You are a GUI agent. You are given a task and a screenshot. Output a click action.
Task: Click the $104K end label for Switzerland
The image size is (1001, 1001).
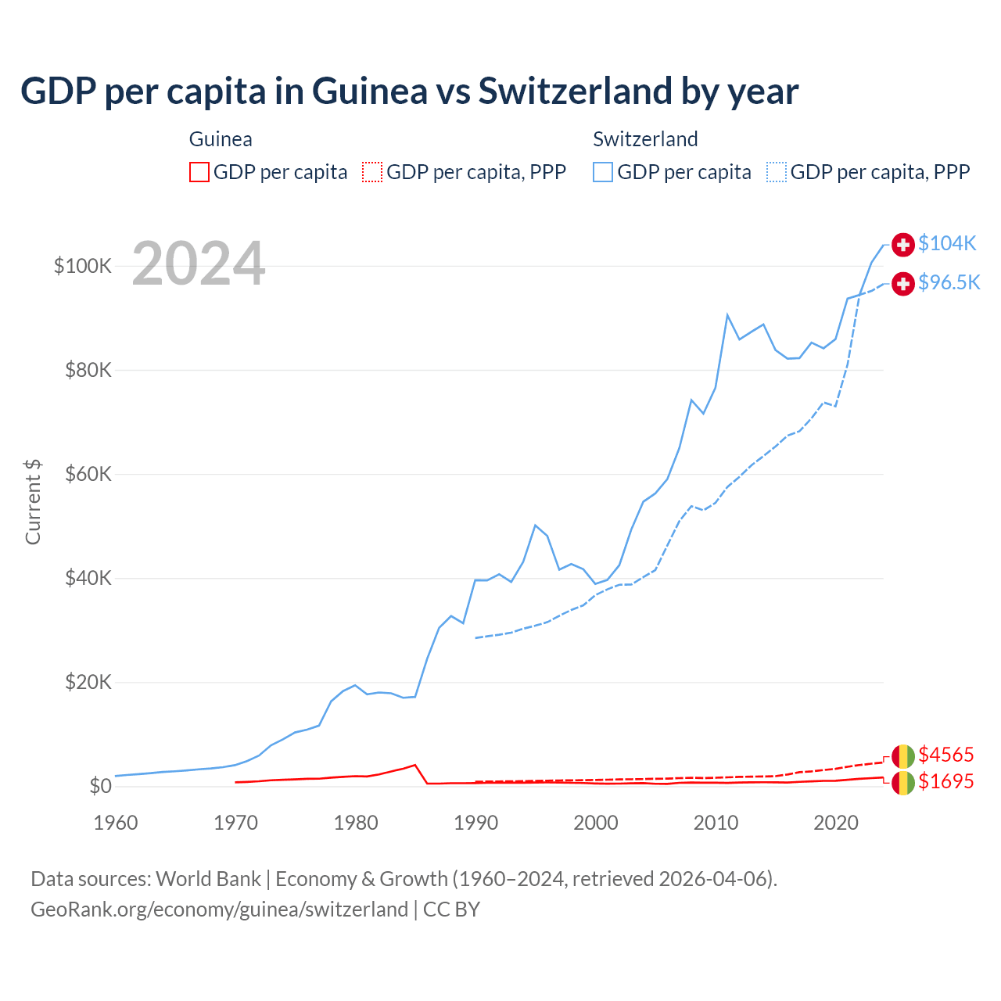tap(947, 243)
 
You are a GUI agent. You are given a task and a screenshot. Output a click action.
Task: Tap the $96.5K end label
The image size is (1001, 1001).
tap(949, 282)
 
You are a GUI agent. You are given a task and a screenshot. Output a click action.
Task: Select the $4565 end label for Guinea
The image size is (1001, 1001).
tap(945, 755)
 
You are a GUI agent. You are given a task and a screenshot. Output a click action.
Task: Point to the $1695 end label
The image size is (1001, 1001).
tap(945, 781)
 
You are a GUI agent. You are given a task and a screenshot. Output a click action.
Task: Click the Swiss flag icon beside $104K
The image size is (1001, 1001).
tap(903, 244)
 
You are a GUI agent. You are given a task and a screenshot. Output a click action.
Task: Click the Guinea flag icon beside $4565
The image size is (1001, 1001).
tap(903, 756)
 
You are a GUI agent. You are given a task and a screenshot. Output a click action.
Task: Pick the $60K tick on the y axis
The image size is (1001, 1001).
tap(88, 475)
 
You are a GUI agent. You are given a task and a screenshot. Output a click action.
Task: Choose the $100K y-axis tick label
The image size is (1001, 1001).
tap(83, 266)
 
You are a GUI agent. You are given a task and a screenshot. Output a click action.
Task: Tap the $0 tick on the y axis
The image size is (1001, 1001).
tap(100, 786)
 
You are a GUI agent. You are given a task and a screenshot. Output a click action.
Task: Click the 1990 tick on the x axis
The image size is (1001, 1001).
tap(475, 823)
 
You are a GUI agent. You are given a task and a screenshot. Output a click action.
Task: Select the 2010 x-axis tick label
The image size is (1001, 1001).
tap(716, 823)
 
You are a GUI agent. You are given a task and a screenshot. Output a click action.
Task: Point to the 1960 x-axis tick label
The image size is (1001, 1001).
tap(116, 823)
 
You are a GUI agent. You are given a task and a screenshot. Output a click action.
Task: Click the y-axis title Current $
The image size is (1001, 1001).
tap(33, 502)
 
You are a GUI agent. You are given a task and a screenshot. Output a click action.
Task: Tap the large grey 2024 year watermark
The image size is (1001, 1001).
tap(199, 264)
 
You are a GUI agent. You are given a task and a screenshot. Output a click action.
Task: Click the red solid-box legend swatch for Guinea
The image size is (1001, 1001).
tap(199, 172)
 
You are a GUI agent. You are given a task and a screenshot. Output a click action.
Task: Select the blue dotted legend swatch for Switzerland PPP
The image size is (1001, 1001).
tap(777, 172)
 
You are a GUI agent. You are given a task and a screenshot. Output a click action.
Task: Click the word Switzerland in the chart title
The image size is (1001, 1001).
tap(576, 91)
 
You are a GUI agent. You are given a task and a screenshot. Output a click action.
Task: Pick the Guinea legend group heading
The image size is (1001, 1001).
tap(221, 139)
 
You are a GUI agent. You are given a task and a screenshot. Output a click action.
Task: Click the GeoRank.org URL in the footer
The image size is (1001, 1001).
tap(219, 910)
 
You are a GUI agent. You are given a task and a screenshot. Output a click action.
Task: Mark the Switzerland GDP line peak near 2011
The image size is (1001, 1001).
tap(727, 315)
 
